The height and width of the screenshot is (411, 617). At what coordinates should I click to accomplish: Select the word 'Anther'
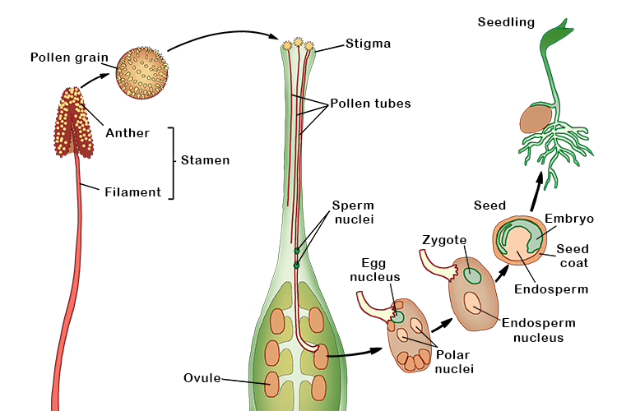128,133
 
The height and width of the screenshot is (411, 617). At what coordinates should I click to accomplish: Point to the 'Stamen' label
206,161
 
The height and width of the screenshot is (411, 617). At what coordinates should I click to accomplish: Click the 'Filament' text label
131,192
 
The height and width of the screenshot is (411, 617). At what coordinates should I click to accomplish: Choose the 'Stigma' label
346,43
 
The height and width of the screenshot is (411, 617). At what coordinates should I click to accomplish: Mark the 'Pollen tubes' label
370,104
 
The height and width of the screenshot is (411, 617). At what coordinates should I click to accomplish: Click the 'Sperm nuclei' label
353,211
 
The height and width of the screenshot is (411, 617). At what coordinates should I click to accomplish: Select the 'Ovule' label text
202,378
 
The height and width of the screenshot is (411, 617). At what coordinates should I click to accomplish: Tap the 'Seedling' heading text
506,22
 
